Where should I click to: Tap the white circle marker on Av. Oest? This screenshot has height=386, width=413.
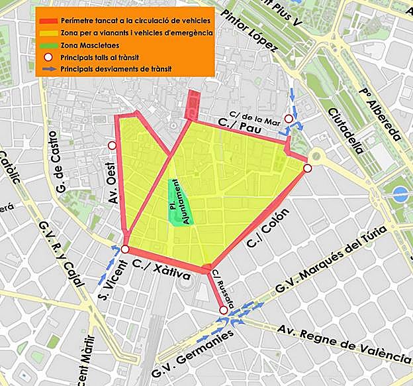[x=112, y=145]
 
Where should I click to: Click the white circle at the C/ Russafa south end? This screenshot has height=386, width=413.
[x=224, y=310]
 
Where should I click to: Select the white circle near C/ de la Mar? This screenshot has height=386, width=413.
[x=289, y=119]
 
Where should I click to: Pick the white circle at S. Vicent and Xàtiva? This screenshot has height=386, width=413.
[x=125, y=249]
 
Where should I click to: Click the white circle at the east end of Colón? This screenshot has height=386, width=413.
[x=308, y=168]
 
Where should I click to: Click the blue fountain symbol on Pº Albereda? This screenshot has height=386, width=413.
[x=400, y=194]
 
